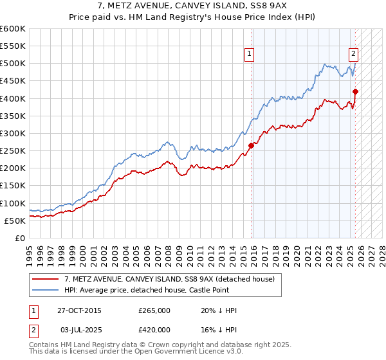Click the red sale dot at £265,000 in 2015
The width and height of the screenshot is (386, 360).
252,145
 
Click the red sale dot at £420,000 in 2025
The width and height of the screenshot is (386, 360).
355,91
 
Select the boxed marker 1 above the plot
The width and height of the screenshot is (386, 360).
249,55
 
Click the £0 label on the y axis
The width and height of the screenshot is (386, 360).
20,239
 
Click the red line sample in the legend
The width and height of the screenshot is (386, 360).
46,279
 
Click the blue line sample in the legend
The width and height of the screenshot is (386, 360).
46,290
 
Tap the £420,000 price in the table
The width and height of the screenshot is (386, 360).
154,330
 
